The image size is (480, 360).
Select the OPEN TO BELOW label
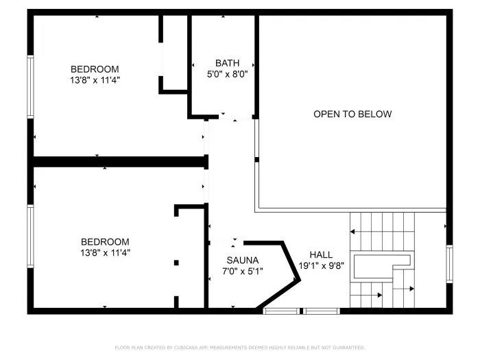[352, 114]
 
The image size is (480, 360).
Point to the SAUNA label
[243, 260]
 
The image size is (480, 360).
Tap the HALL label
[321, 254]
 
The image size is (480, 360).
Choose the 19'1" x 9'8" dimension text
[321, 265]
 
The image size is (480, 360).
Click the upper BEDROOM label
[95, 69]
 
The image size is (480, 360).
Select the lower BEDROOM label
[105, 241]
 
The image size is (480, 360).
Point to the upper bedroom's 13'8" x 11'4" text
[95, 80]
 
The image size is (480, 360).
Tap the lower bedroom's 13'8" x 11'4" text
[105, 252]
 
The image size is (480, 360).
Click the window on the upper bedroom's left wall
[30, 86]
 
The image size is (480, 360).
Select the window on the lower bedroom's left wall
[30, 236]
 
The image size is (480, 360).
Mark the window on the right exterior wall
[449, 263]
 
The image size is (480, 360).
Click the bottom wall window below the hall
[302, 311]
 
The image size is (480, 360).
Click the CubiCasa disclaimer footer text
[239, 348]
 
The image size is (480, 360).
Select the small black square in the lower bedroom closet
[176, 262]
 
